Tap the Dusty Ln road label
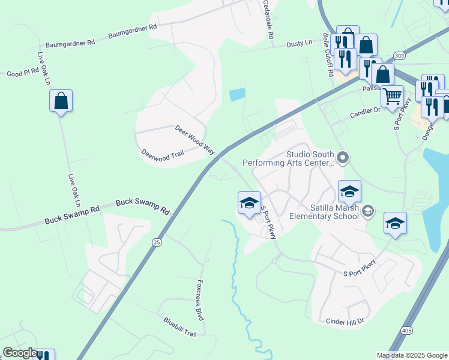[x=300, y=43]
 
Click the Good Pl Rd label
[x=23, y=73]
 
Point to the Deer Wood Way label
[x=194, y=139]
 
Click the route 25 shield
[x=157, y=242]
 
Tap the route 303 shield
[x=399, y=55]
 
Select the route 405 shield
[x=407, y=331]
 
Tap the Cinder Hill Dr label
[x=345, y=322]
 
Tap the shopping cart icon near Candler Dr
[x=392, y=96]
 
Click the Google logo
[x=20, y=353]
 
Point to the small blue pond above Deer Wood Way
[x=237, y=94]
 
